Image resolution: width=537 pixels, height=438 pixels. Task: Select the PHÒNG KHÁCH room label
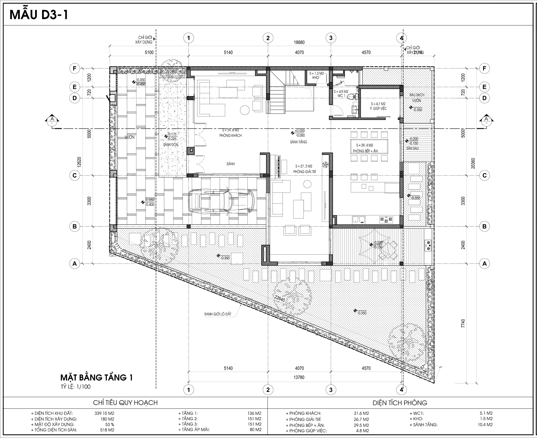[x=230, y=136]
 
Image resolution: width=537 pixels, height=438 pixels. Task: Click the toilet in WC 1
[x=353, y=96]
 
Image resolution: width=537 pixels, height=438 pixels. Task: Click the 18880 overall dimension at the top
[x=299, y=42]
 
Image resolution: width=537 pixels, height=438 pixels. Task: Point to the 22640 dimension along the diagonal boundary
[x=280, y=299]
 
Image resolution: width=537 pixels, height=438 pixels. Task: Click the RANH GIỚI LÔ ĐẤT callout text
[x=218, y=314]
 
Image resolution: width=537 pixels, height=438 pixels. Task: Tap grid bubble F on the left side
[x=75, y=68]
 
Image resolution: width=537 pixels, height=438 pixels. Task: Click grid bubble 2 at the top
[x=268, y=38]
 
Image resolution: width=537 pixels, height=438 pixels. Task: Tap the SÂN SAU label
[x=412, y=148]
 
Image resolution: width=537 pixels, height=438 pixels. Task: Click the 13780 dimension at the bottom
[x=299, y=377]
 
